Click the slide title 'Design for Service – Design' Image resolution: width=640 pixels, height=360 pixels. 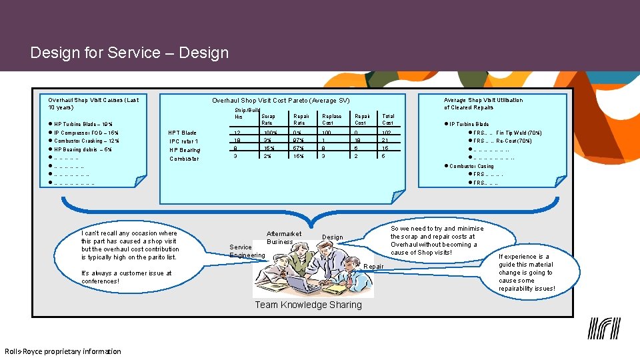[129, 53]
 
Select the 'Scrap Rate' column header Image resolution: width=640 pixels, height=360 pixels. [267, 119]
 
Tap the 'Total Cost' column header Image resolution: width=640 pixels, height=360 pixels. [387, 119]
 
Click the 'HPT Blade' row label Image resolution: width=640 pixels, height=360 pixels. [183, 133]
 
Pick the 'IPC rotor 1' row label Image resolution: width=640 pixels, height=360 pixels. [183, 141]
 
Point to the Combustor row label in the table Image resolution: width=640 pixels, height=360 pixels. [184, 159]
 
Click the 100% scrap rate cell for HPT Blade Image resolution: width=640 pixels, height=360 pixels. [270, 133]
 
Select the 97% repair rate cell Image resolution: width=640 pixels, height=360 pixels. [299, 141]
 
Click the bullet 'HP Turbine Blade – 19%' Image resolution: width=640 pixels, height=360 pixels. [83, 124]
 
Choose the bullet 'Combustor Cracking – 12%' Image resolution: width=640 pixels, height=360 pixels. [87, 141]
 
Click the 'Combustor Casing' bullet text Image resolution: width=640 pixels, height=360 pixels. [471, 166]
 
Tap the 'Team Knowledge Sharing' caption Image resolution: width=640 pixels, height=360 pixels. [309, 305]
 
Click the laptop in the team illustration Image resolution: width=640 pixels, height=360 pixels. [294, 285]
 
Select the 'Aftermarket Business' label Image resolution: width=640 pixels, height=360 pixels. [283, 237]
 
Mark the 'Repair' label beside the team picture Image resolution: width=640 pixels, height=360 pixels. [373, 267]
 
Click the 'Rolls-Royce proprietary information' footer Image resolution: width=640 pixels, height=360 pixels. [63, 351]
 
